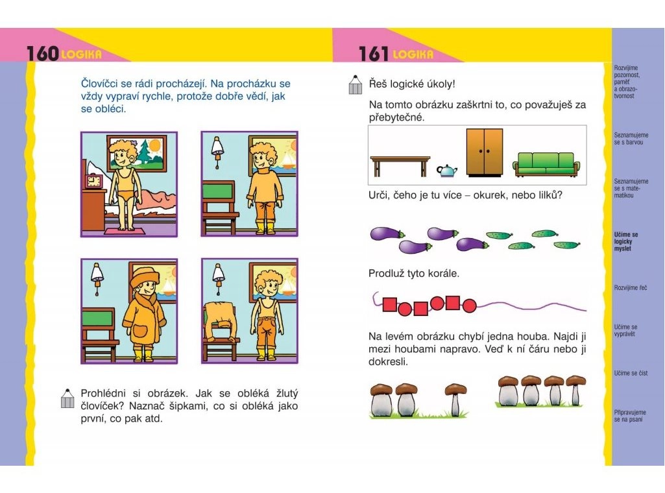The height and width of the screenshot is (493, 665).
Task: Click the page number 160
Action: point(42,53)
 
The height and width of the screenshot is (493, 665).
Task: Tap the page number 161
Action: point(374,54)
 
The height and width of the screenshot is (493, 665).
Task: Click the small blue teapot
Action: point(447,171)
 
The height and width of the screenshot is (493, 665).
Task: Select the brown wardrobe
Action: point(485,152)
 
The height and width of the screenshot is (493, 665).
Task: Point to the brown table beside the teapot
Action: point(400,166)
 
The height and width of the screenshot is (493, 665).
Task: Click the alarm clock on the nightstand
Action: point(94,181)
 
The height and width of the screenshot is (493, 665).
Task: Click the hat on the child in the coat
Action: point(145,278)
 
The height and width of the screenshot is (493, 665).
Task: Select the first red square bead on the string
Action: point(390,304)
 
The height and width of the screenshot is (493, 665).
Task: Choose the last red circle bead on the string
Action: point(470,306)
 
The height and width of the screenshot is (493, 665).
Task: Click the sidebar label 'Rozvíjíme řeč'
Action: point(631,288)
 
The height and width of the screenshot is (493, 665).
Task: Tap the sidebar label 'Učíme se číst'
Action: point(631,373)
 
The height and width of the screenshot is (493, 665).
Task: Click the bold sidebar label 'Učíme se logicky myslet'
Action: point(625,241)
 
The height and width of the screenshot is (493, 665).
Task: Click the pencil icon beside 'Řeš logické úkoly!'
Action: point(355,84)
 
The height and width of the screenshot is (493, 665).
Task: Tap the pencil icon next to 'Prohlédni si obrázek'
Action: point(67,398)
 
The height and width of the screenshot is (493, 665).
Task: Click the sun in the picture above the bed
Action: point(155,146)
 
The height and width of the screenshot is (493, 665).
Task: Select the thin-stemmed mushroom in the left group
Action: point(455,399)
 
